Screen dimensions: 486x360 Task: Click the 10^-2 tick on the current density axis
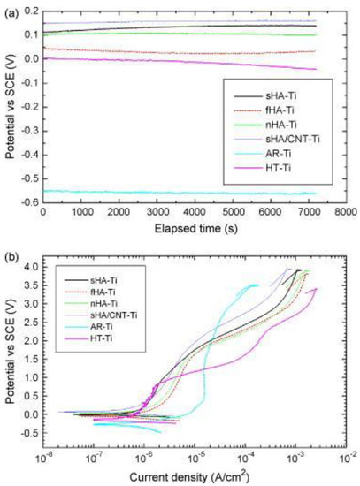pos(346,459)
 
